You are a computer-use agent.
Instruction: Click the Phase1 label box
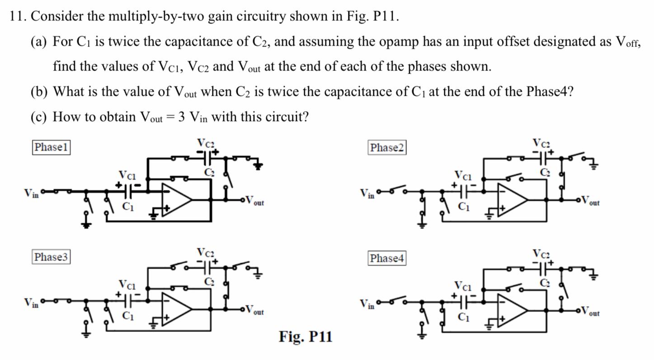pyautogui.click(x=51, y=147)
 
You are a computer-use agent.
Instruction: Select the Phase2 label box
pyautogui.click(x=387, y=148)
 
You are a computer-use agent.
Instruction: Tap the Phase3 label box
pyautogui.click(x=51, y=257)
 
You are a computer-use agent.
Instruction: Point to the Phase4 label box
pyautogui.click(x=387, y=258)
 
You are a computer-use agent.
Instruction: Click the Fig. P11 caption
pyautogui.click(x=306, y=337)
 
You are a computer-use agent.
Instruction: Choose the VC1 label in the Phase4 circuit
pyautogui.click(x=463, y=286)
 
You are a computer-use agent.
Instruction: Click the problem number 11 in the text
pyautogui.click(x=16, y=17)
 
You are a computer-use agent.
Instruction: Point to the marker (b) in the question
pyautogui.click(x=39, y=92)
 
